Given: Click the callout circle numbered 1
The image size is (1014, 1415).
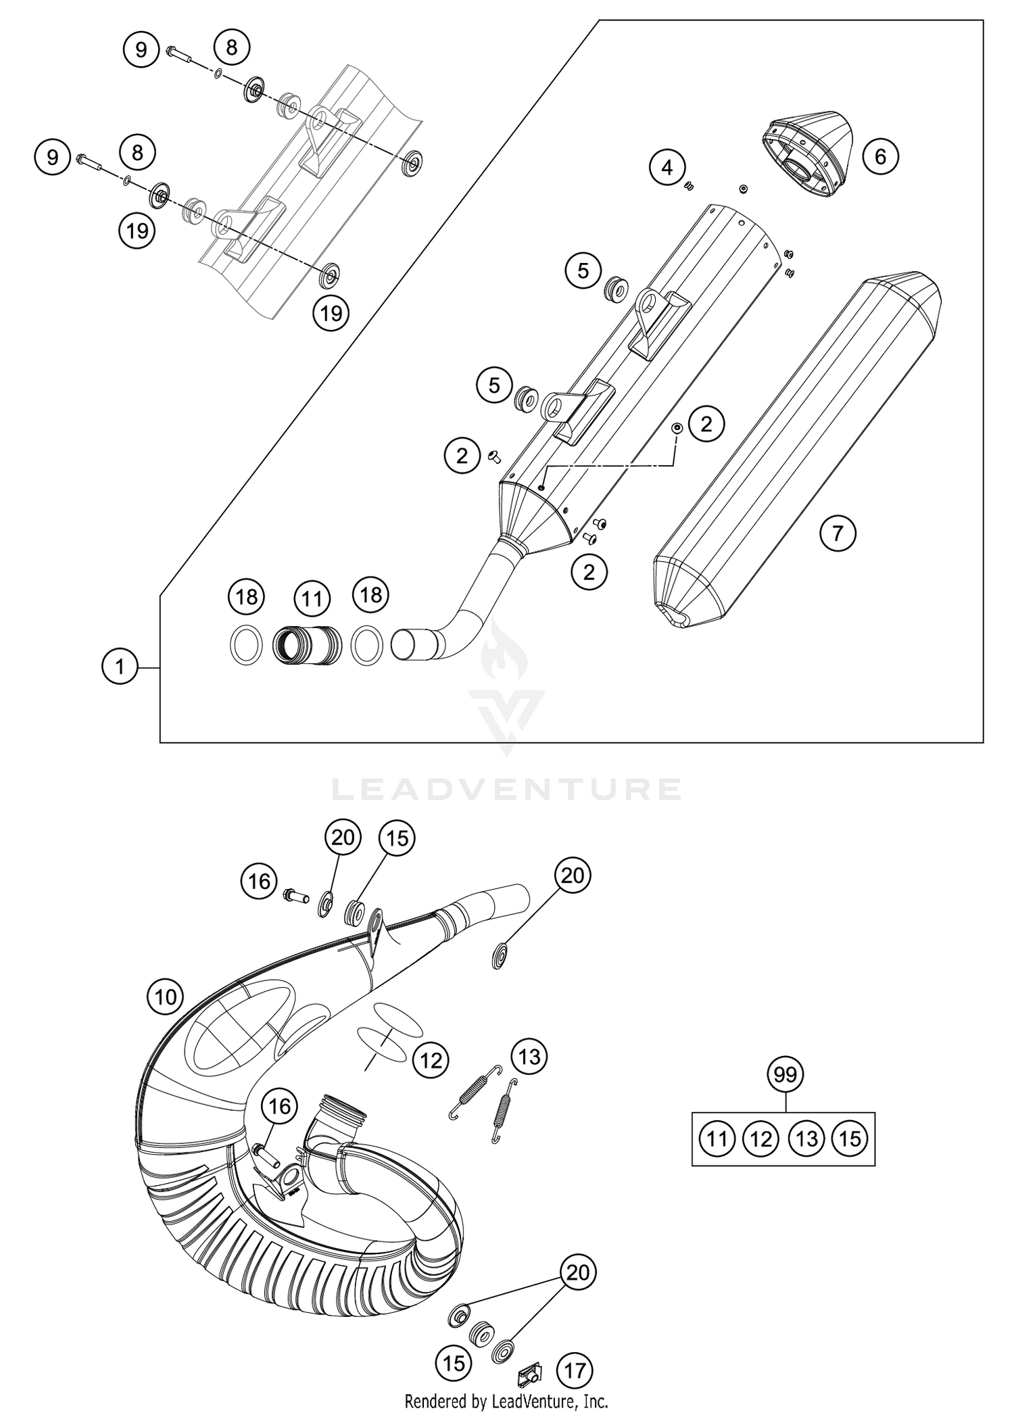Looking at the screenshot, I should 120,667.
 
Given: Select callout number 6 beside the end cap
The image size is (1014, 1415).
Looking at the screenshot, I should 880,157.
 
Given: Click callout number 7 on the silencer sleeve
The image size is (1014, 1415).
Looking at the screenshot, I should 838,533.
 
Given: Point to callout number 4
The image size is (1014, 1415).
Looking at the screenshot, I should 668,167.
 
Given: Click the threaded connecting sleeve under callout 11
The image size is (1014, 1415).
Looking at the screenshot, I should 306,644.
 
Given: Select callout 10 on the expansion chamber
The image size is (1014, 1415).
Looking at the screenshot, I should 166,997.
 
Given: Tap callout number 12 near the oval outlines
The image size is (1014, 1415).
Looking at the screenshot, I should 431,1060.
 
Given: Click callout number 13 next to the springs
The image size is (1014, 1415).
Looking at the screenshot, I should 529,1055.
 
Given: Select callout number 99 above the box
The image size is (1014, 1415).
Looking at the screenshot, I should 785,1074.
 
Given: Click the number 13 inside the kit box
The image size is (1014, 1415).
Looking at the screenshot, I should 806,1139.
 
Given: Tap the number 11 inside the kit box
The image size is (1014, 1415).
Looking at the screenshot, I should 717,1139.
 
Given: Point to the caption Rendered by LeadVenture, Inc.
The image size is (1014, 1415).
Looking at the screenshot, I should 506,1401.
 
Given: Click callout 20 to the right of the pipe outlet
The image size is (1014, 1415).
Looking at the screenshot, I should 573,876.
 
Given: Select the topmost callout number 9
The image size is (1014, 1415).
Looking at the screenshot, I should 141,49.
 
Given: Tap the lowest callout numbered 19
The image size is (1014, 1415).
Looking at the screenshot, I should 331,313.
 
